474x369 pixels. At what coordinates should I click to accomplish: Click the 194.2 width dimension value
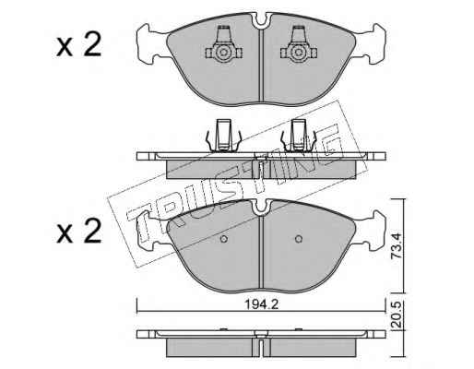tap(261, 304)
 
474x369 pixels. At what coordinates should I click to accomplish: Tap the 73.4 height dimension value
tap(397, 245)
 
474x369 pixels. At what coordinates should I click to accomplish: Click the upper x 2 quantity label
tap(79, 45)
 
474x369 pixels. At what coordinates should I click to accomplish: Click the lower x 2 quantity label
tap(79, 232)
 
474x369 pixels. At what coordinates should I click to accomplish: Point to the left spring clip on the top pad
tap(223, 45)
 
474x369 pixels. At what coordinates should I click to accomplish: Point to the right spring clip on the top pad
tap(299, 45)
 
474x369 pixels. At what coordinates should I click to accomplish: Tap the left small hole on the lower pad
tap(224, 239)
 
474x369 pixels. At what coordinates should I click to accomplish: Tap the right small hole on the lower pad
tap(298, 239)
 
